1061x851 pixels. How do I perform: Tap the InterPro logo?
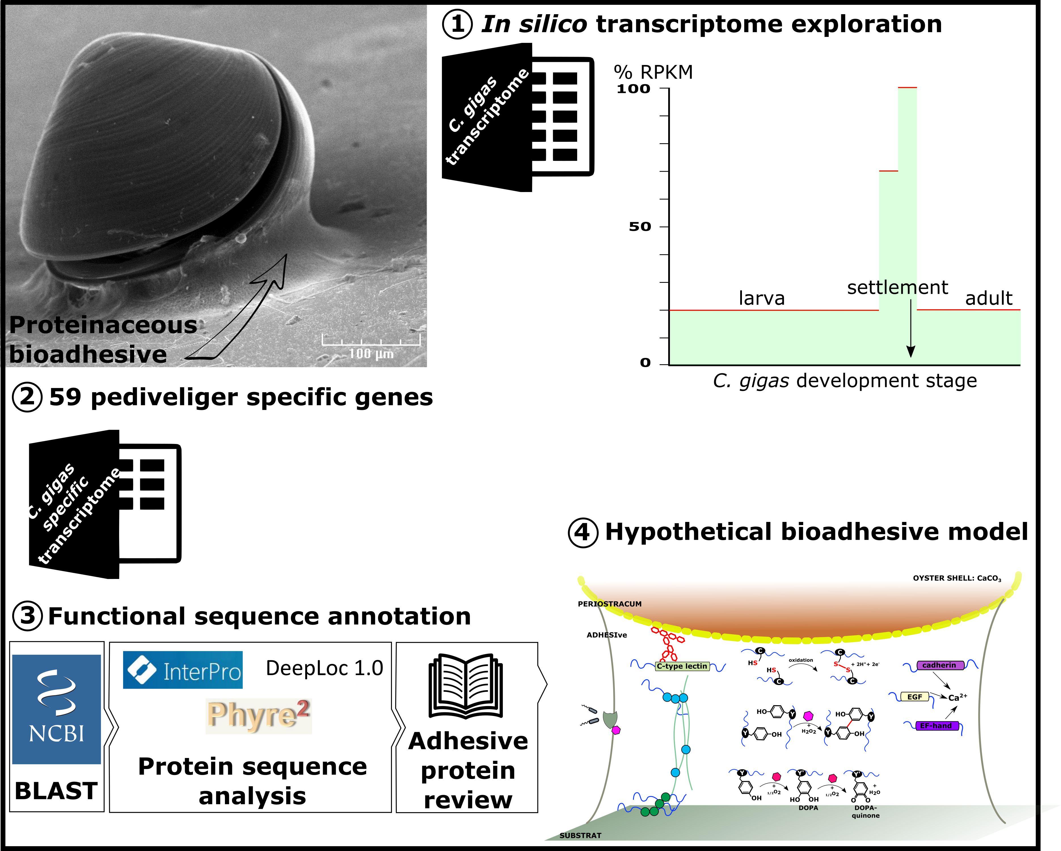183,670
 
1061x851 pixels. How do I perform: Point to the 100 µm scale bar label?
371,353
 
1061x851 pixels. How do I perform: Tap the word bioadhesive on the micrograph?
88,354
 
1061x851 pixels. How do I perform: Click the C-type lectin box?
682,666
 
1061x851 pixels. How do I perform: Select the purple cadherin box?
939,665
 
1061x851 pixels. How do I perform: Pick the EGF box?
914,696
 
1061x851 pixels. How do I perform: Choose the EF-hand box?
936,726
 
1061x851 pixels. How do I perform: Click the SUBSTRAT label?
580,835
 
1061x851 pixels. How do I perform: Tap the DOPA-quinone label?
866,812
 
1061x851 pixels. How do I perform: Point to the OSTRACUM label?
619,604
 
